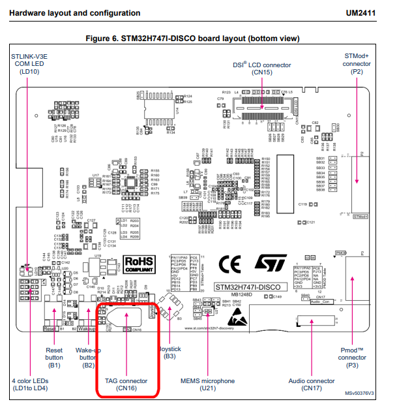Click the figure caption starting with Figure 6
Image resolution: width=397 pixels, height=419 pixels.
pos(198,37)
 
